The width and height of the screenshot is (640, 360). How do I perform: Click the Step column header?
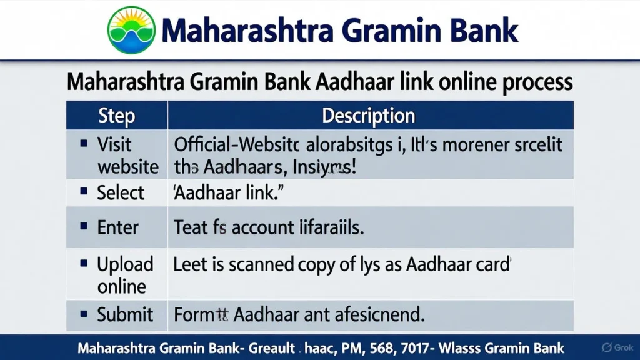116,116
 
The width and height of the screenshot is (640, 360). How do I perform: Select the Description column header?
368,116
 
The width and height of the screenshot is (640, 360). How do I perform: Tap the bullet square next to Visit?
84,144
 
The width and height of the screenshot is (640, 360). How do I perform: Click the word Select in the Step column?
121,193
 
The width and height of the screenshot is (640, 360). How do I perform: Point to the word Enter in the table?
118,227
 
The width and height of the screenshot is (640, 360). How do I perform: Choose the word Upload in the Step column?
125,264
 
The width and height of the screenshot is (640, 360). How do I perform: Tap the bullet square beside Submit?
84,314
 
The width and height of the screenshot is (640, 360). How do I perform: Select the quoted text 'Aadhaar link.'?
224,193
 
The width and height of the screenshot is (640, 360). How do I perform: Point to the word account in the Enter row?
259,227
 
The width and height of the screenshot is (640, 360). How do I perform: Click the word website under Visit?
128,167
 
